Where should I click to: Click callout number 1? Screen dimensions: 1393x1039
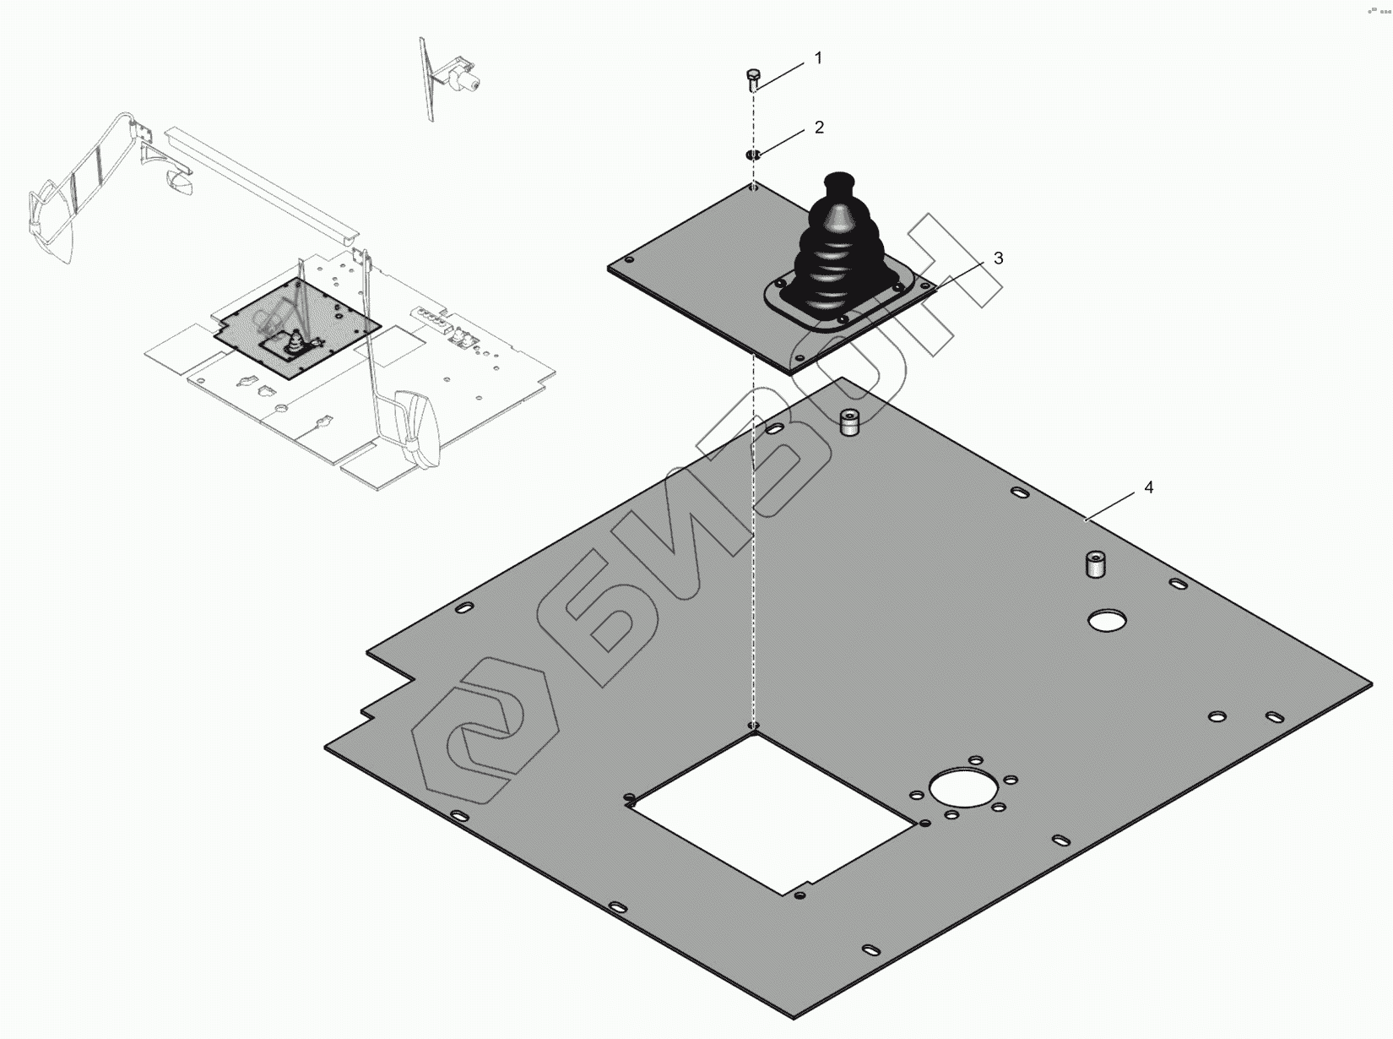point(818,58)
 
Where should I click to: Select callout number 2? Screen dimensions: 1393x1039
point(819,128)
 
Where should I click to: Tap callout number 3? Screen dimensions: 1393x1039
point(998,258)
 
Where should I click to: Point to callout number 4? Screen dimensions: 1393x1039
point(1149,487)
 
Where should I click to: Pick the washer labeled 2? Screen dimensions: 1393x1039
point(753,155)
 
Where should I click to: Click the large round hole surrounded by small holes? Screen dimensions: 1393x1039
point(961,787)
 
